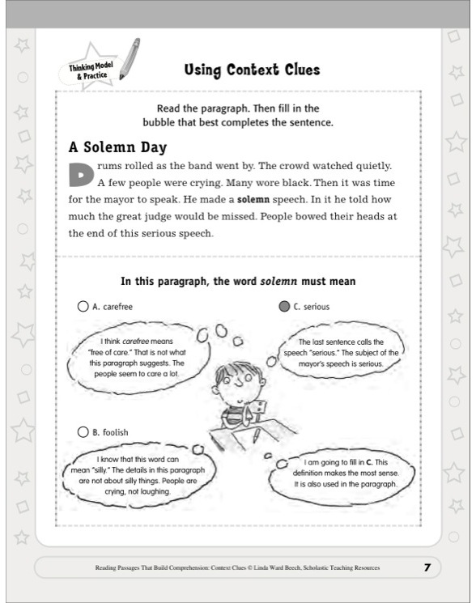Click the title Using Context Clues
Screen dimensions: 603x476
point(252,70)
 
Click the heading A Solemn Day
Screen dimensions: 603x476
point(117,147)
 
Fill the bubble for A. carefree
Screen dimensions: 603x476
point(82,307)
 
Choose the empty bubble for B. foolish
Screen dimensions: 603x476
point(82,432)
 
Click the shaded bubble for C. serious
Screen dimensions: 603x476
point(283,307)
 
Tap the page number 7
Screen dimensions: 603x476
point(427,567)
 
